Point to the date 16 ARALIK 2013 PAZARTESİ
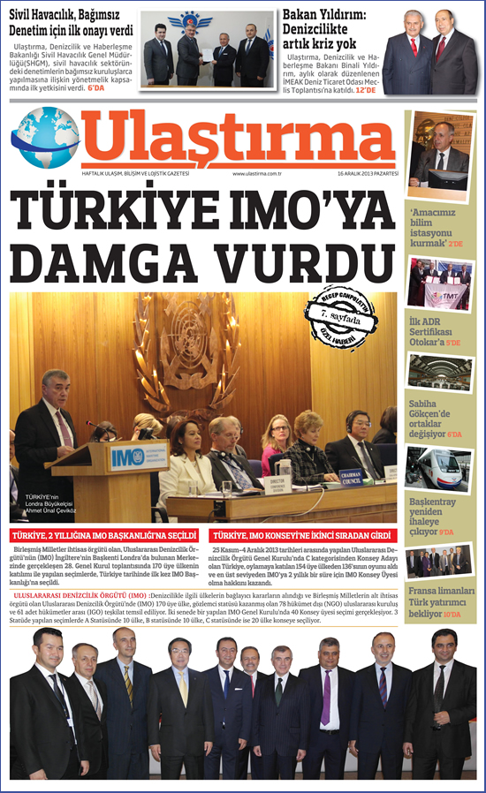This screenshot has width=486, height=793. [x=366, y=174]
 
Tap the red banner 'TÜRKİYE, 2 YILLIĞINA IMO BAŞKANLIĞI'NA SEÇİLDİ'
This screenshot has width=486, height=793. [x=104, y=535]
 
